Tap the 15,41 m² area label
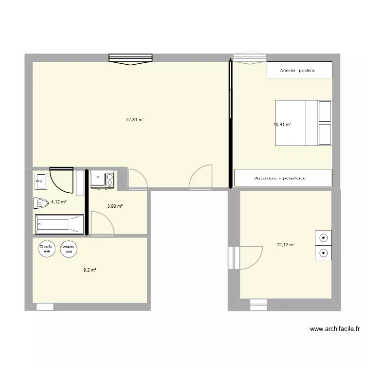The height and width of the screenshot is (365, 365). click(x=282, y=125)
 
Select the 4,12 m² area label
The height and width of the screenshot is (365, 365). click(x=58, y=202)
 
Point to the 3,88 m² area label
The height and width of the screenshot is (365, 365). click(x=115, y=206)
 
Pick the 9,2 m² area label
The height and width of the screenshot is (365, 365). click(x=90, y=270)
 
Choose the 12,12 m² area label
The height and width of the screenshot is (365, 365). click(x=286, y=245)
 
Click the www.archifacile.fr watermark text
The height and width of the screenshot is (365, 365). click(x=335, y=329)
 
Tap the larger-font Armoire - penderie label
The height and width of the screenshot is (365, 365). click(x=280, y=178)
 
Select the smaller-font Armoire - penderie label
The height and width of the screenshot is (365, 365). click(x=297, y=71)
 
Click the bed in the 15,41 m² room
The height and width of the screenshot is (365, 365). click(x=303, y=123)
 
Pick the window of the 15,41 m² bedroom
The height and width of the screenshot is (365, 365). click(x=250, y=58)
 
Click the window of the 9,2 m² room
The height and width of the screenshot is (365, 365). click(x=45, y=307)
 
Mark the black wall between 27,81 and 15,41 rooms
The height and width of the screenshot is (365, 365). click(x=229, y=124)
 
